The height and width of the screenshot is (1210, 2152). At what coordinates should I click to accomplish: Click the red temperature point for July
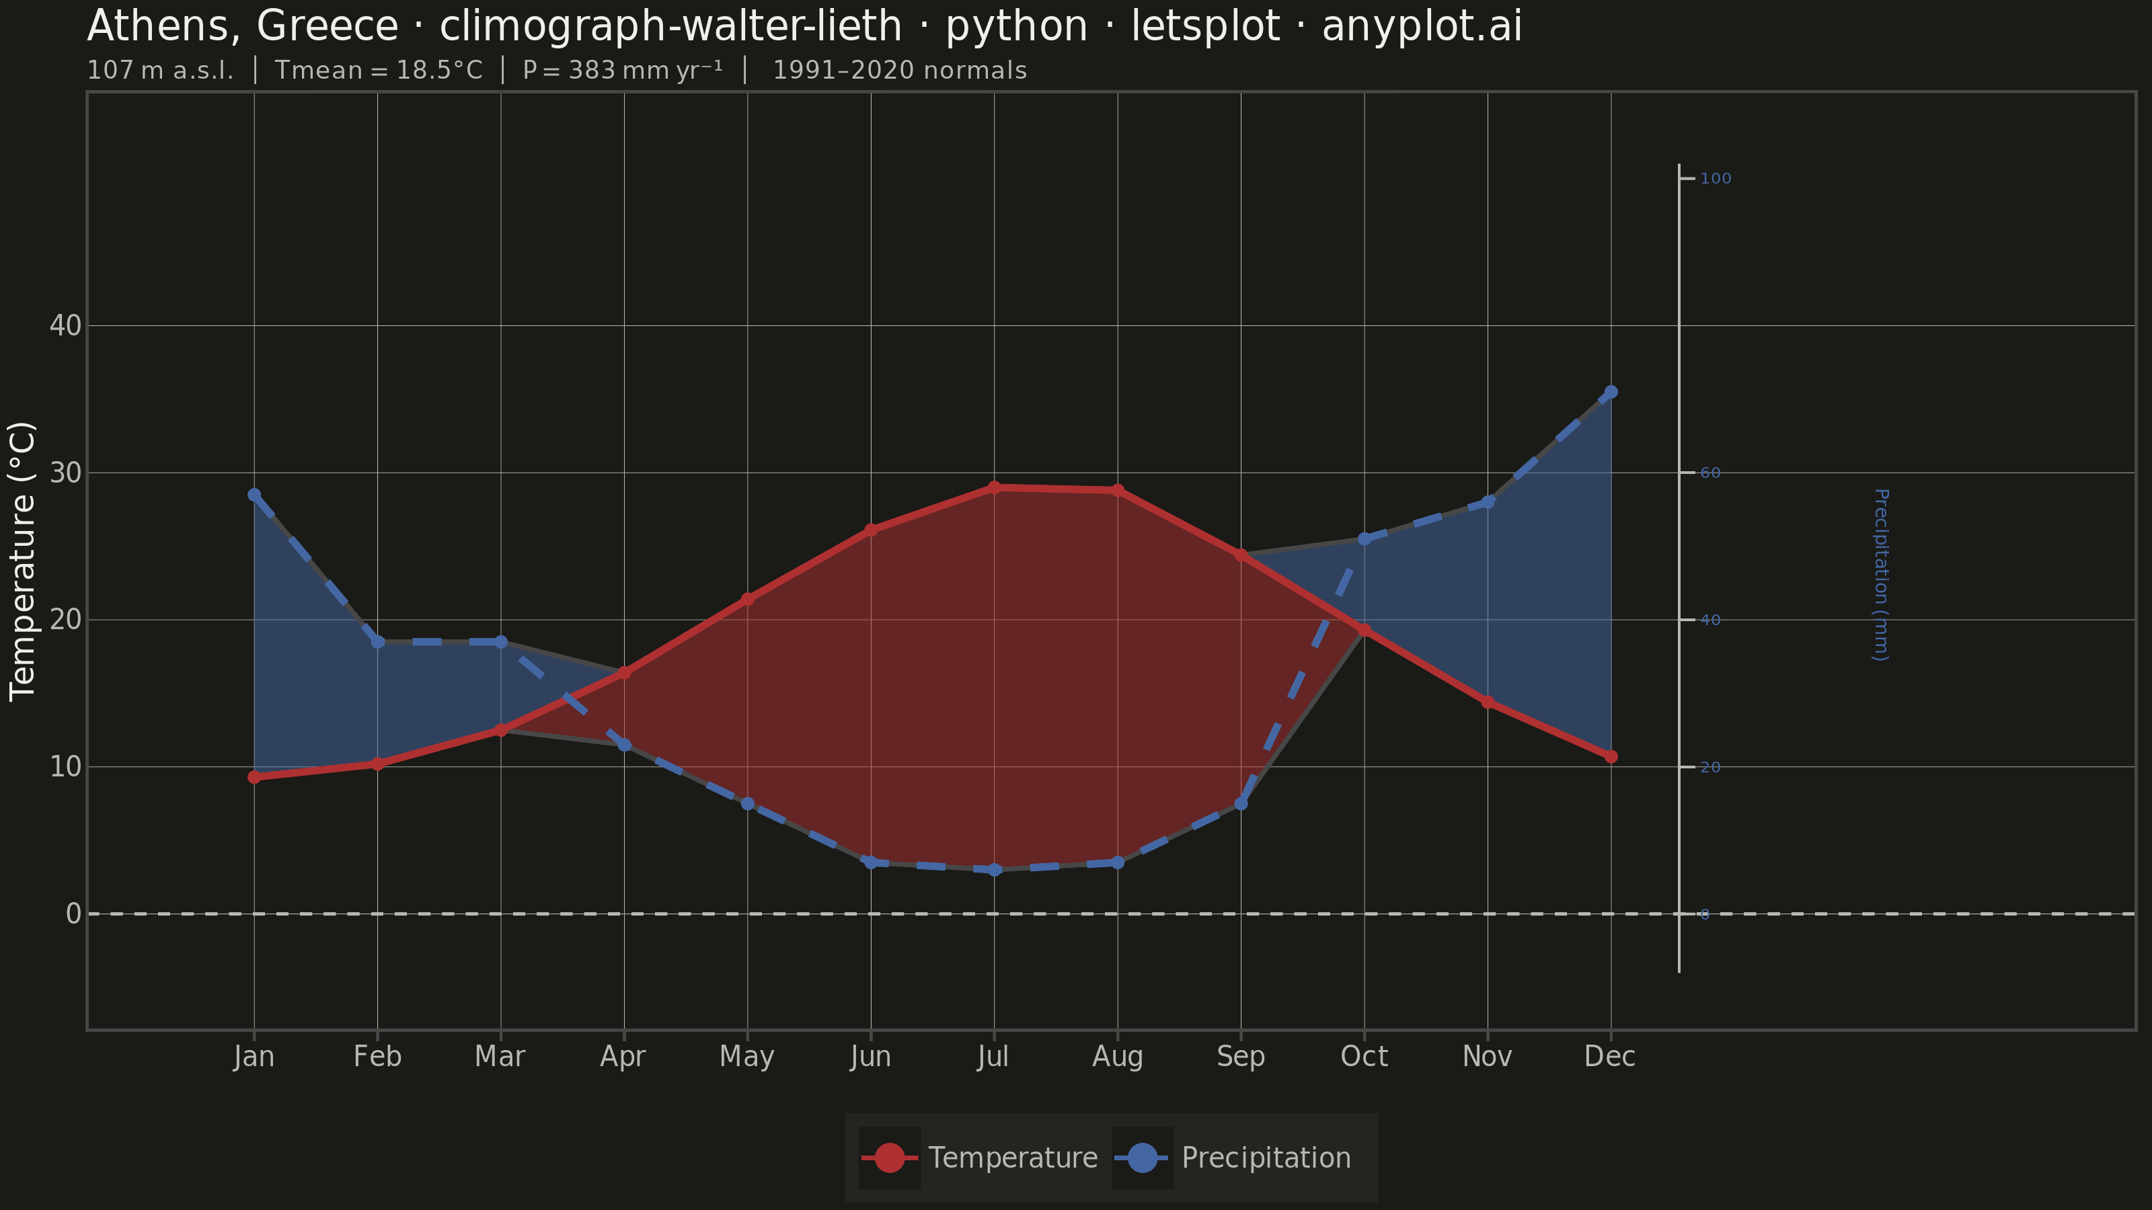coord(994,487)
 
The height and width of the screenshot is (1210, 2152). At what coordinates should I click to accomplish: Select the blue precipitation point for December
coord(1611,392)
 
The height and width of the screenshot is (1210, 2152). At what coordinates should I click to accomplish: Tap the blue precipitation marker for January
coord(254,494)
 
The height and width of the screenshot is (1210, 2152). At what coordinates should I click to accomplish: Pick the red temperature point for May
coord(748,599)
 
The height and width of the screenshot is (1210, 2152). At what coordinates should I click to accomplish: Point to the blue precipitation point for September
coord(1241,803)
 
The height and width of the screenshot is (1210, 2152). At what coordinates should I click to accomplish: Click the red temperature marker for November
coord(1487,702)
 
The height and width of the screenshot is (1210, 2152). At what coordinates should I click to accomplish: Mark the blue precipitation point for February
coord(377,641)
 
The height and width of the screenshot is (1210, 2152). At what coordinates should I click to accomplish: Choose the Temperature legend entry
coord(979,1158)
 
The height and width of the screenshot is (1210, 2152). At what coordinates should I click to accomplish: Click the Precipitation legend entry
coord(1231,1158)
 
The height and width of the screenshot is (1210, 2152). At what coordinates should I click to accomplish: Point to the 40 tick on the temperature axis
coord(66,325)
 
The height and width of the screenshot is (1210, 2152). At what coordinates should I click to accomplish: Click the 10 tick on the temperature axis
coord(66,766)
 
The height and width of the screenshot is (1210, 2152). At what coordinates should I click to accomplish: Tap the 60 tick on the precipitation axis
coord(1710,473)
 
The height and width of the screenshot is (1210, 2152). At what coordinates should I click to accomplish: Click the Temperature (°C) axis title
coord(23,561)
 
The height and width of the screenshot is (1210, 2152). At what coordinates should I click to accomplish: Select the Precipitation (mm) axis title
coord(1880,575)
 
